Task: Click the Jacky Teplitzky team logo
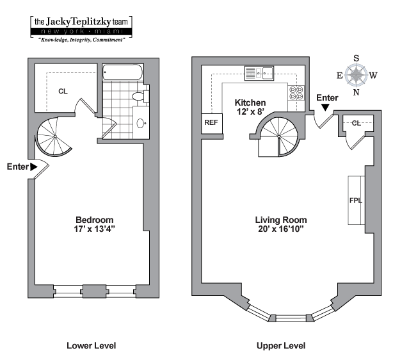pos(80,28)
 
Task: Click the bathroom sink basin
pos(141,122)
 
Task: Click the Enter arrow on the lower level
pos(34,167)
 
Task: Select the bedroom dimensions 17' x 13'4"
pos(94,227)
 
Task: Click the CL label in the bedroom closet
pos(63,91)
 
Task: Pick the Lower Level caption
pos(92,346)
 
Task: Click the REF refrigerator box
pos(211,122)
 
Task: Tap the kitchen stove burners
pos(296,92)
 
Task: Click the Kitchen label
pos(250,102)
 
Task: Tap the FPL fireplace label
pos(356,200)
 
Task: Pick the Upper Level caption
pos(280,346)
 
